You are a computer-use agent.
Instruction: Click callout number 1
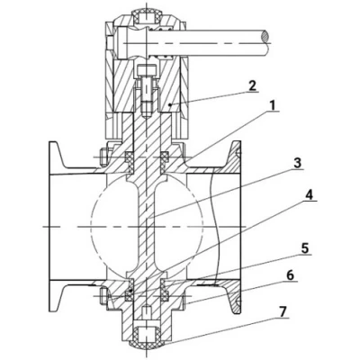[x=272, y=105]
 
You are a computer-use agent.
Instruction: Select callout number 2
[x=252, y=86]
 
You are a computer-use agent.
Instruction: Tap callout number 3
[x=296, y=164]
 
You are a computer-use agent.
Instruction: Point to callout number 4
[x=310, y=195]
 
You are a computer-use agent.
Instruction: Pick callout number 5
[x=304, y=248]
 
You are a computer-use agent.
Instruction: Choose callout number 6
[x=290, y=275]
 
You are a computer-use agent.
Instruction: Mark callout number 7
[x=282, y=312]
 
